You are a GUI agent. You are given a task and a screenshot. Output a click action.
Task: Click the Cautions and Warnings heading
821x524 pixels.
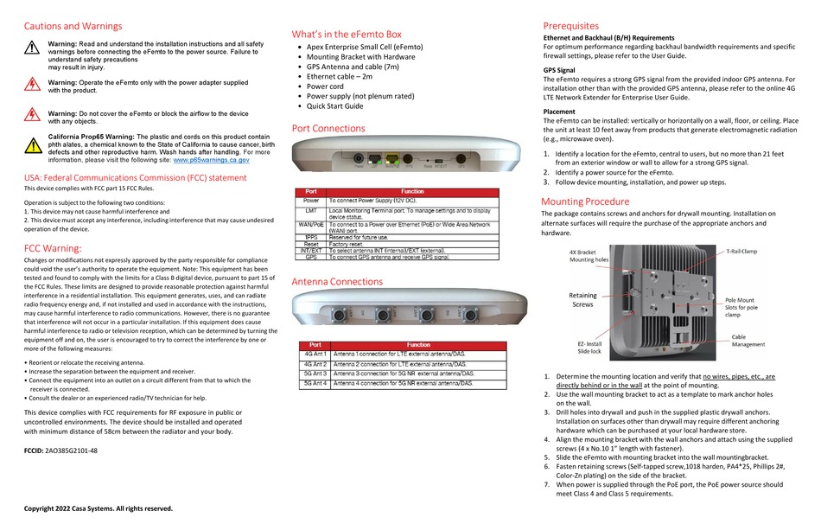(73, 27)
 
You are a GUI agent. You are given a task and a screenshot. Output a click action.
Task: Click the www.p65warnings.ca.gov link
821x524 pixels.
(212, 160)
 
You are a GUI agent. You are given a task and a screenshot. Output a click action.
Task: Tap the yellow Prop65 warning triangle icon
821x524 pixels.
(32, 144)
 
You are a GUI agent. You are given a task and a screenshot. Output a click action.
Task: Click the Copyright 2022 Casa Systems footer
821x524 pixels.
(98, 508)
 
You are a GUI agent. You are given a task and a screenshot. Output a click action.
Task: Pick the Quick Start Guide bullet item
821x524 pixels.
(335, 106)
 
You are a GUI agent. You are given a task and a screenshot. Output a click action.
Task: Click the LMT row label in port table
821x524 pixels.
(312, 210)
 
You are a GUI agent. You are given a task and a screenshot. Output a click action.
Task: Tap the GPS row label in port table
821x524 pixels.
(312, 257)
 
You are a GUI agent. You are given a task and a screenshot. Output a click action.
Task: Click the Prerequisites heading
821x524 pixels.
(570, 26)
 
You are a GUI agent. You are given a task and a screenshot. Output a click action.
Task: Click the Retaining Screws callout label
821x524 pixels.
(582, 299)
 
